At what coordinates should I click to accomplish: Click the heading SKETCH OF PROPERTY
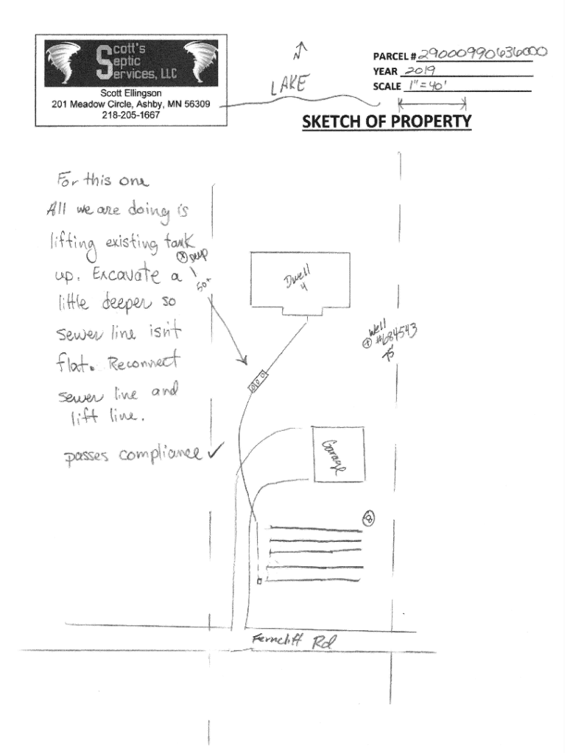click(387, 121)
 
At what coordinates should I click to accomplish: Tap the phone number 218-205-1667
click(131, 115)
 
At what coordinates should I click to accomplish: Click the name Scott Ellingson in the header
click(131, 93)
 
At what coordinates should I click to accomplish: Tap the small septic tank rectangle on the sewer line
click(257, 383)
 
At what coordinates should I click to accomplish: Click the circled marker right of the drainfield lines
click(369, 519)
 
